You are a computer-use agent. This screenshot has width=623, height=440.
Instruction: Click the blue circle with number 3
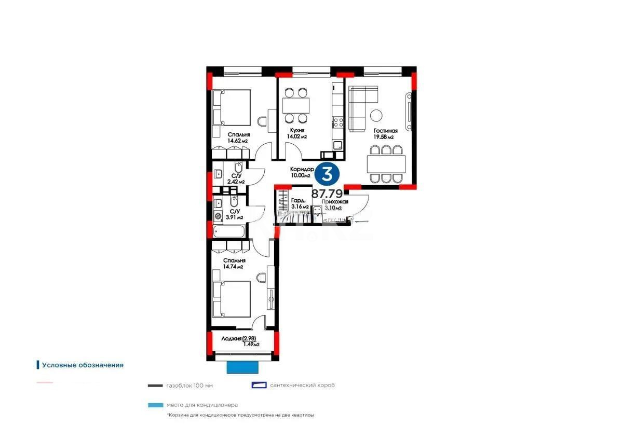(x=327, y=173)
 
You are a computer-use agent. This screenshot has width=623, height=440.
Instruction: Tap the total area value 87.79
(x=327, y=194)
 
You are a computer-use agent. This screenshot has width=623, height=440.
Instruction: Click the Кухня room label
(x=297, y=131)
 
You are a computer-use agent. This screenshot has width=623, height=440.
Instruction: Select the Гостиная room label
(x=385, y=131)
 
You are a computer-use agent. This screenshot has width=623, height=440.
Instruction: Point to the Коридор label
(x=302, y=169)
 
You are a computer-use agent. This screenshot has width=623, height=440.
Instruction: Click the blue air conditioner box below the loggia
(x=242, y=367)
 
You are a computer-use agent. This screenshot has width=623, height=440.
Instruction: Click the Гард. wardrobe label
(x=298, y=200)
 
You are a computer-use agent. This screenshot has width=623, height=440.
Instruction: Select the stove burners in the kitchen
(x=338, y=122)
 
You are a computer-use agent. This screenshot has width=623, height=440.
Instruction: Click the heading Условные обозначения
(x=83, y=365)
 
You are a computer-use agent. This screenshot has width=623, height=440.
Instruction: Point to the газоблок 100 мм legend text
(x=189, y=386)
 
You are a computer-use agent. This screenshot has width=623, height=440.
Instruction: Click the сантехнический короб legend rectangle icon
(x=259, y=385)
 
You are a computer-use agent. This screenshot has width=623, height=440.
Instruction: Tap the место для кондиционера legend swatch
(x=155, y=405)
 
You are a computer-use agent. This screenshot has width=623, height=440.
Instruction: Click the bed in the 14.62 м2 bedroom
(x=232, y=107)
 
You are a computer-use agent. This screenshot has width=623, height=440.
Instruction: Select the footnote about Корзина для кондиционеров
(x=240, y=415)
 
